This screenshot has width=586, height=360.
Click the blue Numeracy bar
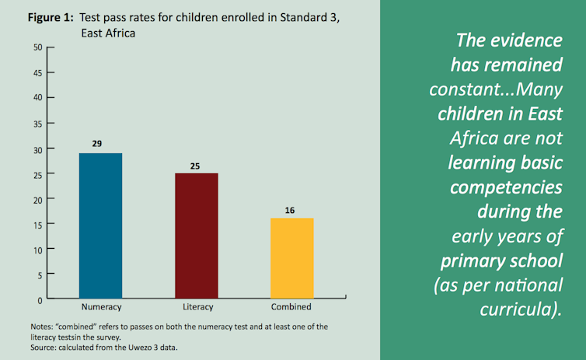(x=99, y=225)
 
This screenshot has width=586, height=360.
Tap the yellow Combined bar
(x=291, y=258)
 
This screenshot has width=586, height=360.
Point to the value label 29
(x=96, y=144)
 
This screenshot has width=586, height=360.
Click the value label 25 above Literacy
(x=194, y=165)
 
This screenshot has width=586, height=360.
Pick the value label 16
(x=291, y=210)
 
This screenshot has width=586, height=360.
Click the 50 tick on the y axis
(x=37, y=47)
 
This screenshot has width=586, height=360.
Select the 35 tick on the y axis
(x=37, y=123)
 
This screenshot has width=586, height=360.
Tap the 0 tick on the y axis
(x=39, y=299)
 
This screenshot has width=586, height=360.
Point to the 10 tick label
(x=37, y=249)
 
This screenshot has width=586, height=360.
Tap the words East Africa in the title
(x=109, y=34)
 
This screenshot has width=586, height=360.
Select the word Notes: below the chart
(x=44, y=326)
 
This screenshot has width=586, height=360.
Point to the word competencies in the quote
(x=507, y=188)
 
